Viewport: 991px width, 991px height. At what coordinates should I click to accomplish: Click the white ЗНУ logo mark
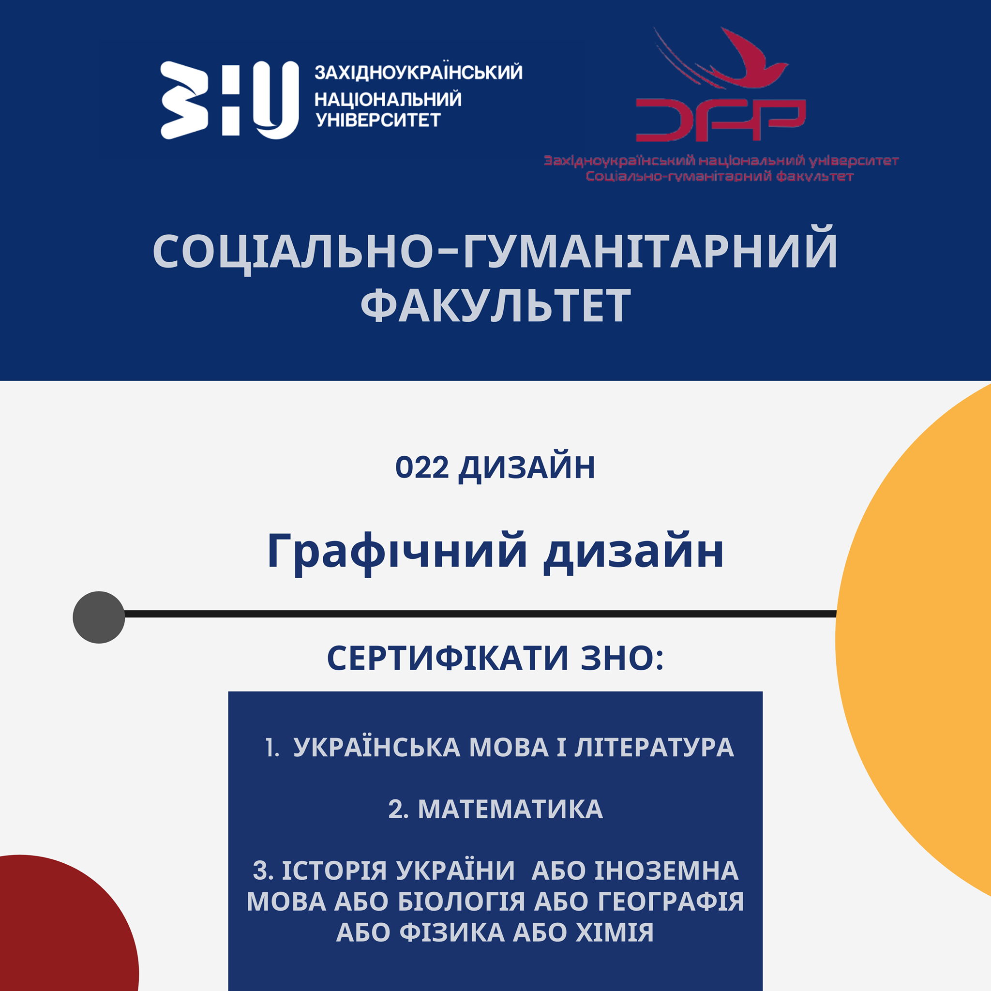(x=229, y=100)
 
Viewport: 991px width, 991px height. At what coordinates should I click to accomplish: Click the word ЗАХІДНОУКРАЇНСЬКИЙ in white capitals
(x=419, y=72)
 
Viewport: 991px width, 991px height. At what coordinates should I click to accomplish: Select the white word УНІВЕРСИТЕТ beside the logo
(x=378, y=120)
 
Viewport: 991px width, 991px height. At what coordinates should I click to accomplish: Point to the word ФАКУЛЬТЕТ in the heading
(x=495, y=305)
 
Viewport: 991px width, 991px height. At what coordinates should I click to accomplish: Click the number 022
(x=421, y=468)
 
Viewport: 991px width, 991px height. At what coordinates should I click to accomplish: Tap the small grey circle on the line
(x=99, y=617)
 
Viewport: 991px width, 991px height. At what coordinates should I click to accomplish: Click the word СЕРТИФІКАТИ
(x=448, y=658)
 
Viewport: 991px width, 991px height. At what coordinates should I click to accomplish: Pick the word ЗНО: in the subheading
(x=622, y=658)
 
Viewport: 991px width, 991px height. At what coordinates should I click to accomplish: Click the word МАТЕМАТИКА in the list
(x=511, y=810)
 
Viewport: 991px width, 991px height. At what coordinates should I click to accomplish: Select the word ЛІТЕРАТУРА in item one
(x=654, y=747)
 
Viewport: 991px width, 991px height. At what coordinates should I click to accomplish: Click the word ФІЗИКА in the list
(x=452, y=932)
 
